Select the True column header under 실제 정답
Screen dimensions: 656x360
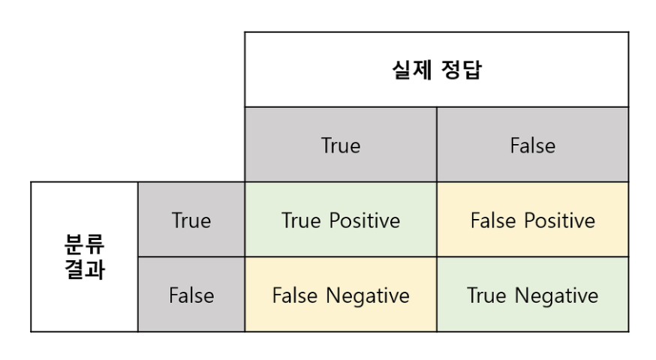341,145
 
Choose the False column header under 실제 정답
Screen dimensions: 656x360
533,145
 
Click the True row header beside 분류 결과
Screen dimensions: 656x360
191,220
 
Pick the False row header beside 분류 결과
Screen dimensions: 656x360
191,295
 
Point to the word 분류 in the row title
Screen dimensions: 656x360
85,244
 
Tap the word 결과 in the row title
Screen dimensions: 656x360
85,269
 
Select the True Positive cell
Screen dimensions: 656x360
341,220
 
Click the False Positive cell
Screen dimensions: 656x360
533,220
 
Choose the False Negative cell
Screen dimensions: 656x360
341,295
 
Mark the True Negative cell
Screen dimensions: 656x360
533,295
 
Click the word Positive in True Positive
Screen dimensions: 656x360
363,220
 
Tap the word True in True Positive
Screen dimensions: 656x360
301,220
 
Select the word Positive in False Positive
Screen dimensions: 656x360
558,220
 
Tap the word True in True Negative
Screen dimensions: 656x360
486,295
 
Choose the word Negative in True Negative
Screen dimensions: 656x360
555,295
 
